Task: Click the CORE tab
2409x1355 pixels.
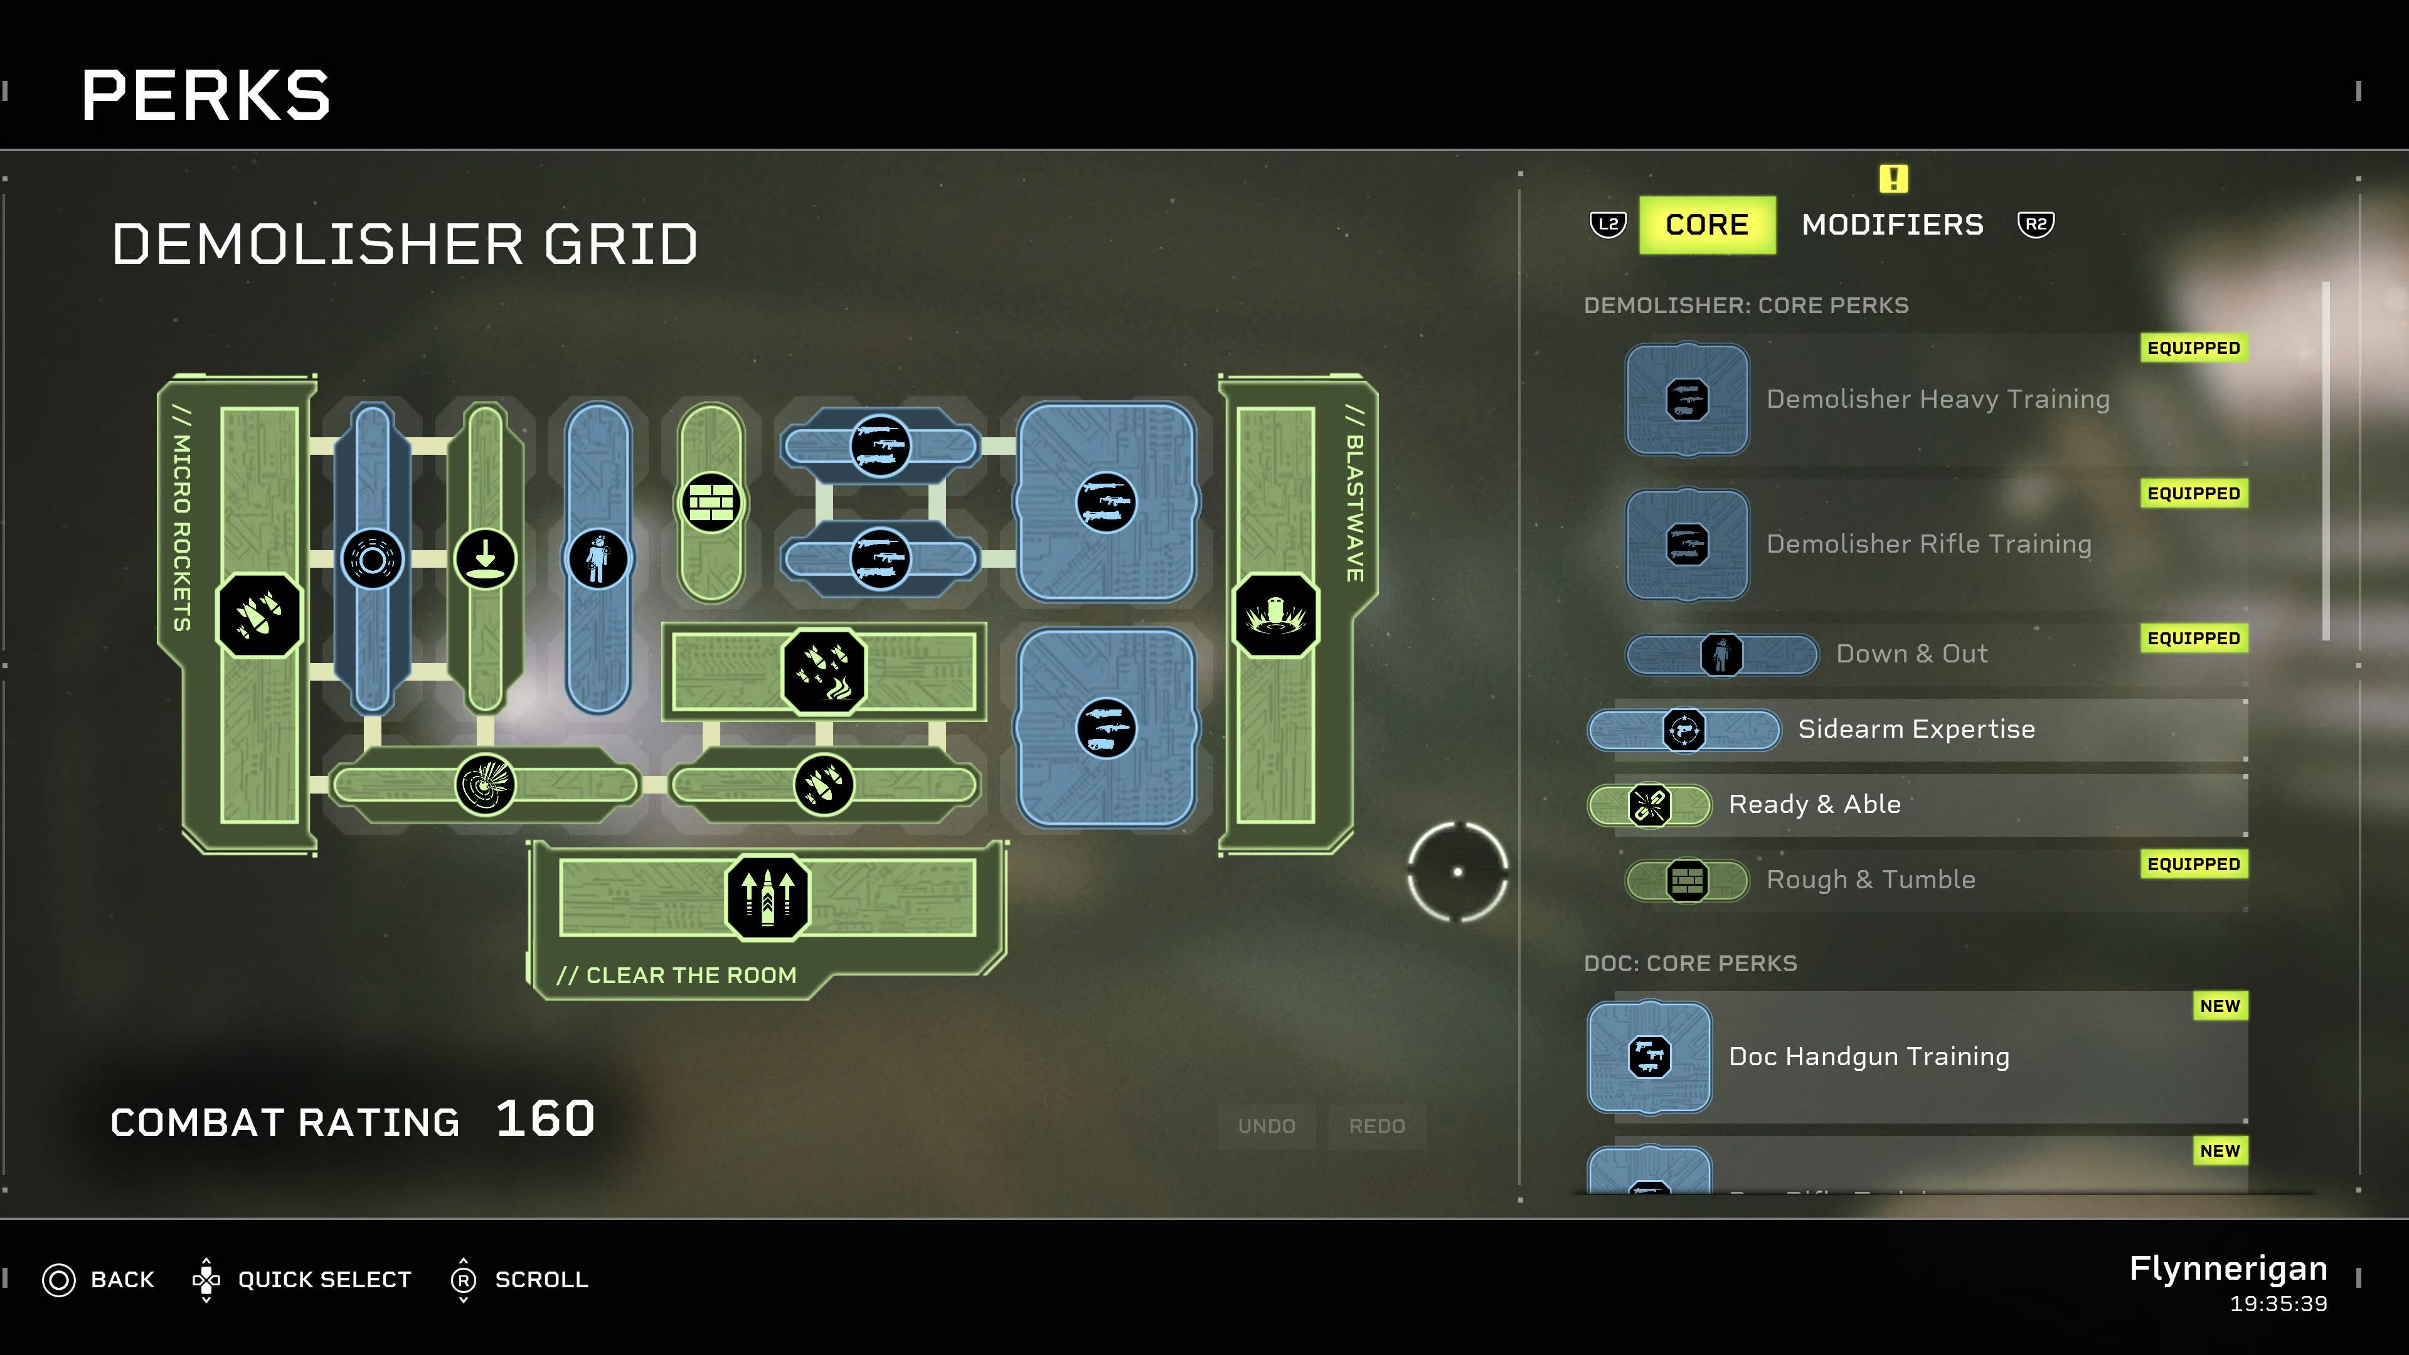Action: coord(1706,225)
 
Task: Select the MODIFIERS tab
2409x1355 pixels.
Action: coord(1892,225)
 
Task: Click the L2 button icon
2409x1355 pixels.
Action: coord(1607,225)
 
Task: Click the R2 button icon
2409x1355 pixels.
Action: coord(2036,225)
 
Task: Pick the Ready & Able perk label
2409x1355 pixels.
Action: coord(1814,804)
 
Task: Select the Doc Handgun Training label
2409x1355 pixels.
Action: coord(1868,1056)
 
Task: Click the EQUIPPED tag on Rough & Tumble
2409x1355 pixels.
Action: coord(2193,864)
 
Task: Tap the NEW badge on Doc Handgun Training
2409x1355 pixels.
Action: coord(2219,1006)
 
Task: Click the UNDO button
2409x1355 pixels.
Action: coord(1266,1126)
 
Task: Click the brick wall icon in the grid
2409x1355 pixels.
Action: coord(711,503)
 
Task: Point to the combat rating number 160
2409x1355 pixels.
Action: coord(545,1119)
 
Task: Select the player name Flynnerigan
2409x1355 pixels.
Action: coord(2228,1269)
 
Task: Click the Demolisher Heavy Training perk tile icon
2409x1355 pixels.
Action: coord(1687,400)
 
